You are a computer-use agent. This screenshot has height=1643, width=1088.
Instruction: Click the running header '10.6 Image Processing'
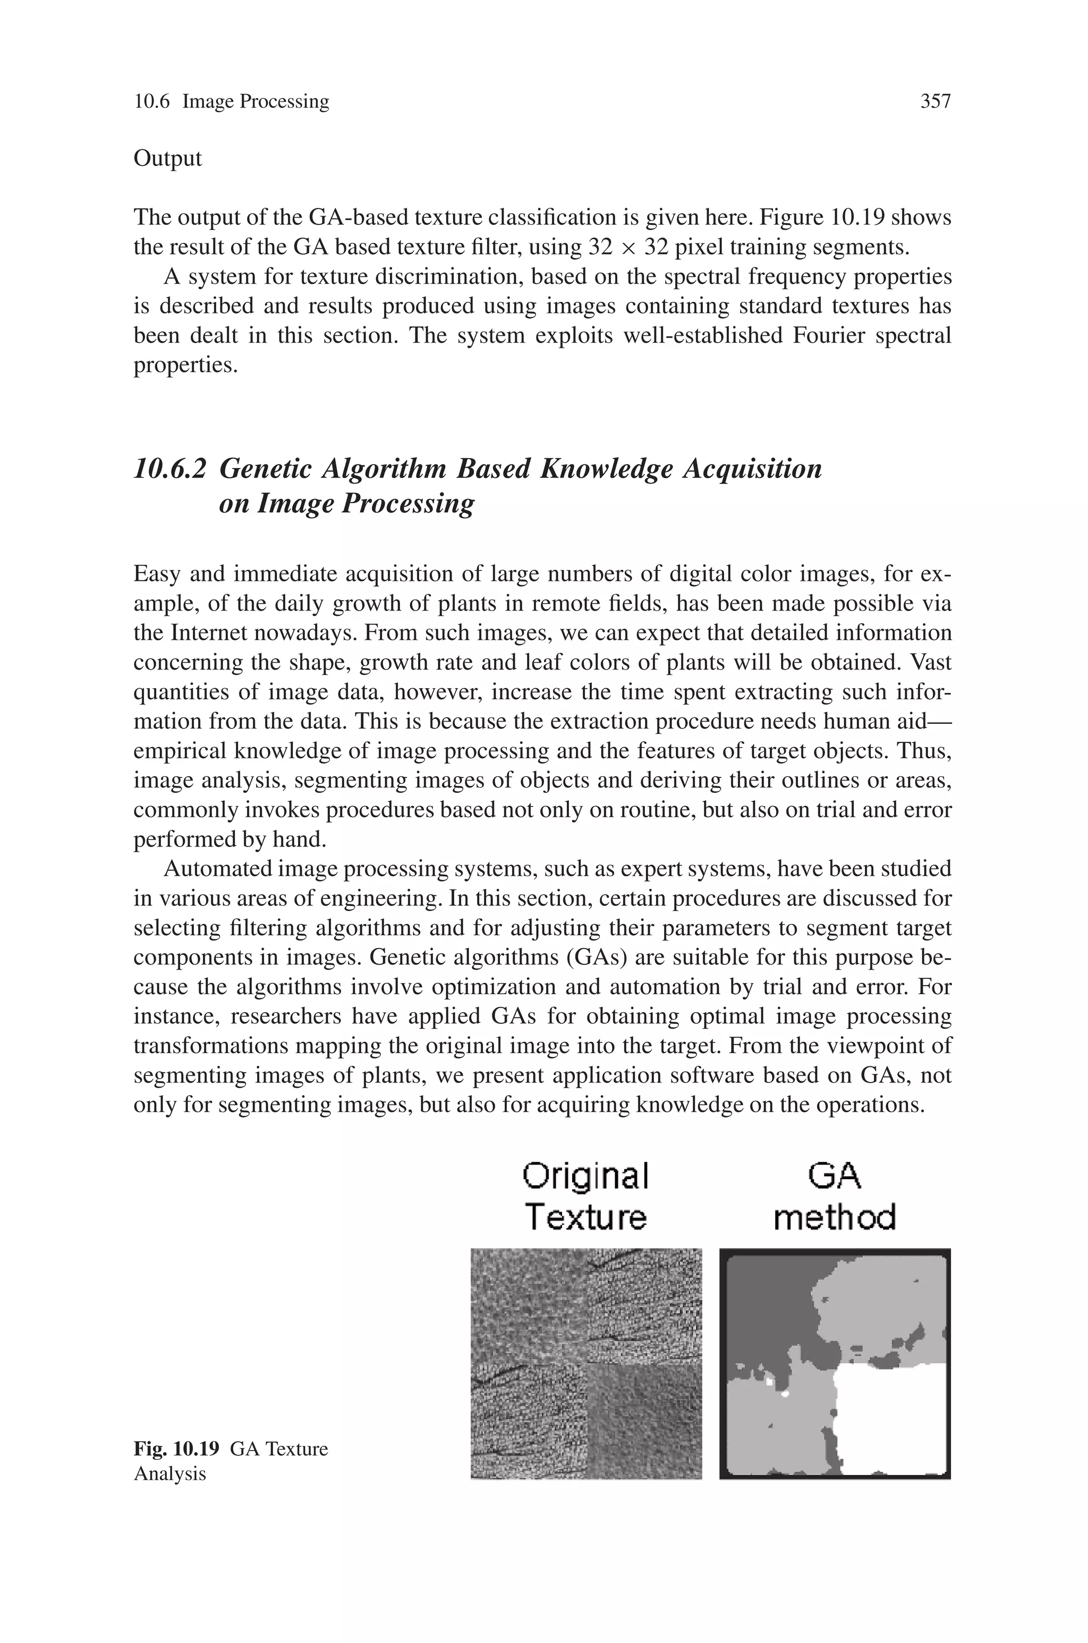tap(231, 102)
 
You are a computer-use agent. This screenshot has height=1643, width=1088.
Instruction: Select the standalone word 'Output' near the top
tap(167, 159)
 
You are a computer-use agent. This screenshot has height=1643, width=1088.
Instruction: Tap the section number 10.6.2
tap(170, 469)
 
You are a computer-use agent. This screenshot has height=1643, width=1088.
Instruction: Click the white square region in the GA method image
tap(891, 1416)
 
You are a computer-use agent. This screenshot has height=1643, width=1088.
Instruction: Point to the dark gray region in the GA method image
tap(763, 1305)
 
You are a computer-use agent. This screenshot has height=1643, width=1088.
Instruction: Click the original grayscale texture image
tap(586, 1363)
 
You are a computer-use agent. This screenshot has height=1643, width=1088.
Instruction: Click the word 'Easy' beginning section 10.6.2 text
tap(156, 574)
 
